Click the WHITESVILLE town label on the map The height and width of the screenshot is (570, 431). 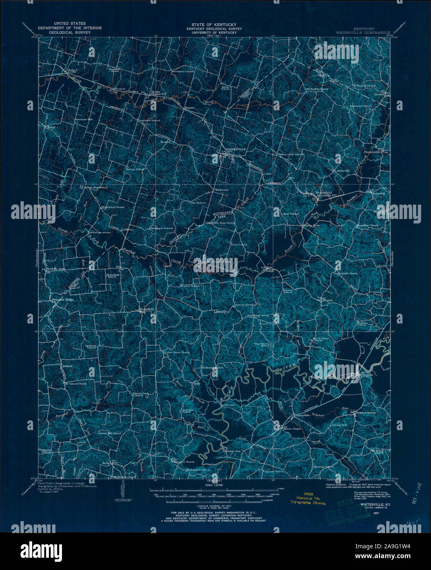(236, 149)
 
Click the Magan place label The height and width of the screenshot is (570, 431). (327, 300)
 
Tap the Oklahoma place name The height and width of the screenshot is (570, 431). (220, 190)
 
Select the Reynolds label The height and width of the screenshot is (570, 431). (378, 192)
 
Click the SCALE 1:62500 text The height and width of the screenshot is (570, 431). (216, 484)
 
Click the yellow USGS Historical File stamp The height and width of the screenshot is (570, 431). (307, 498)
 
